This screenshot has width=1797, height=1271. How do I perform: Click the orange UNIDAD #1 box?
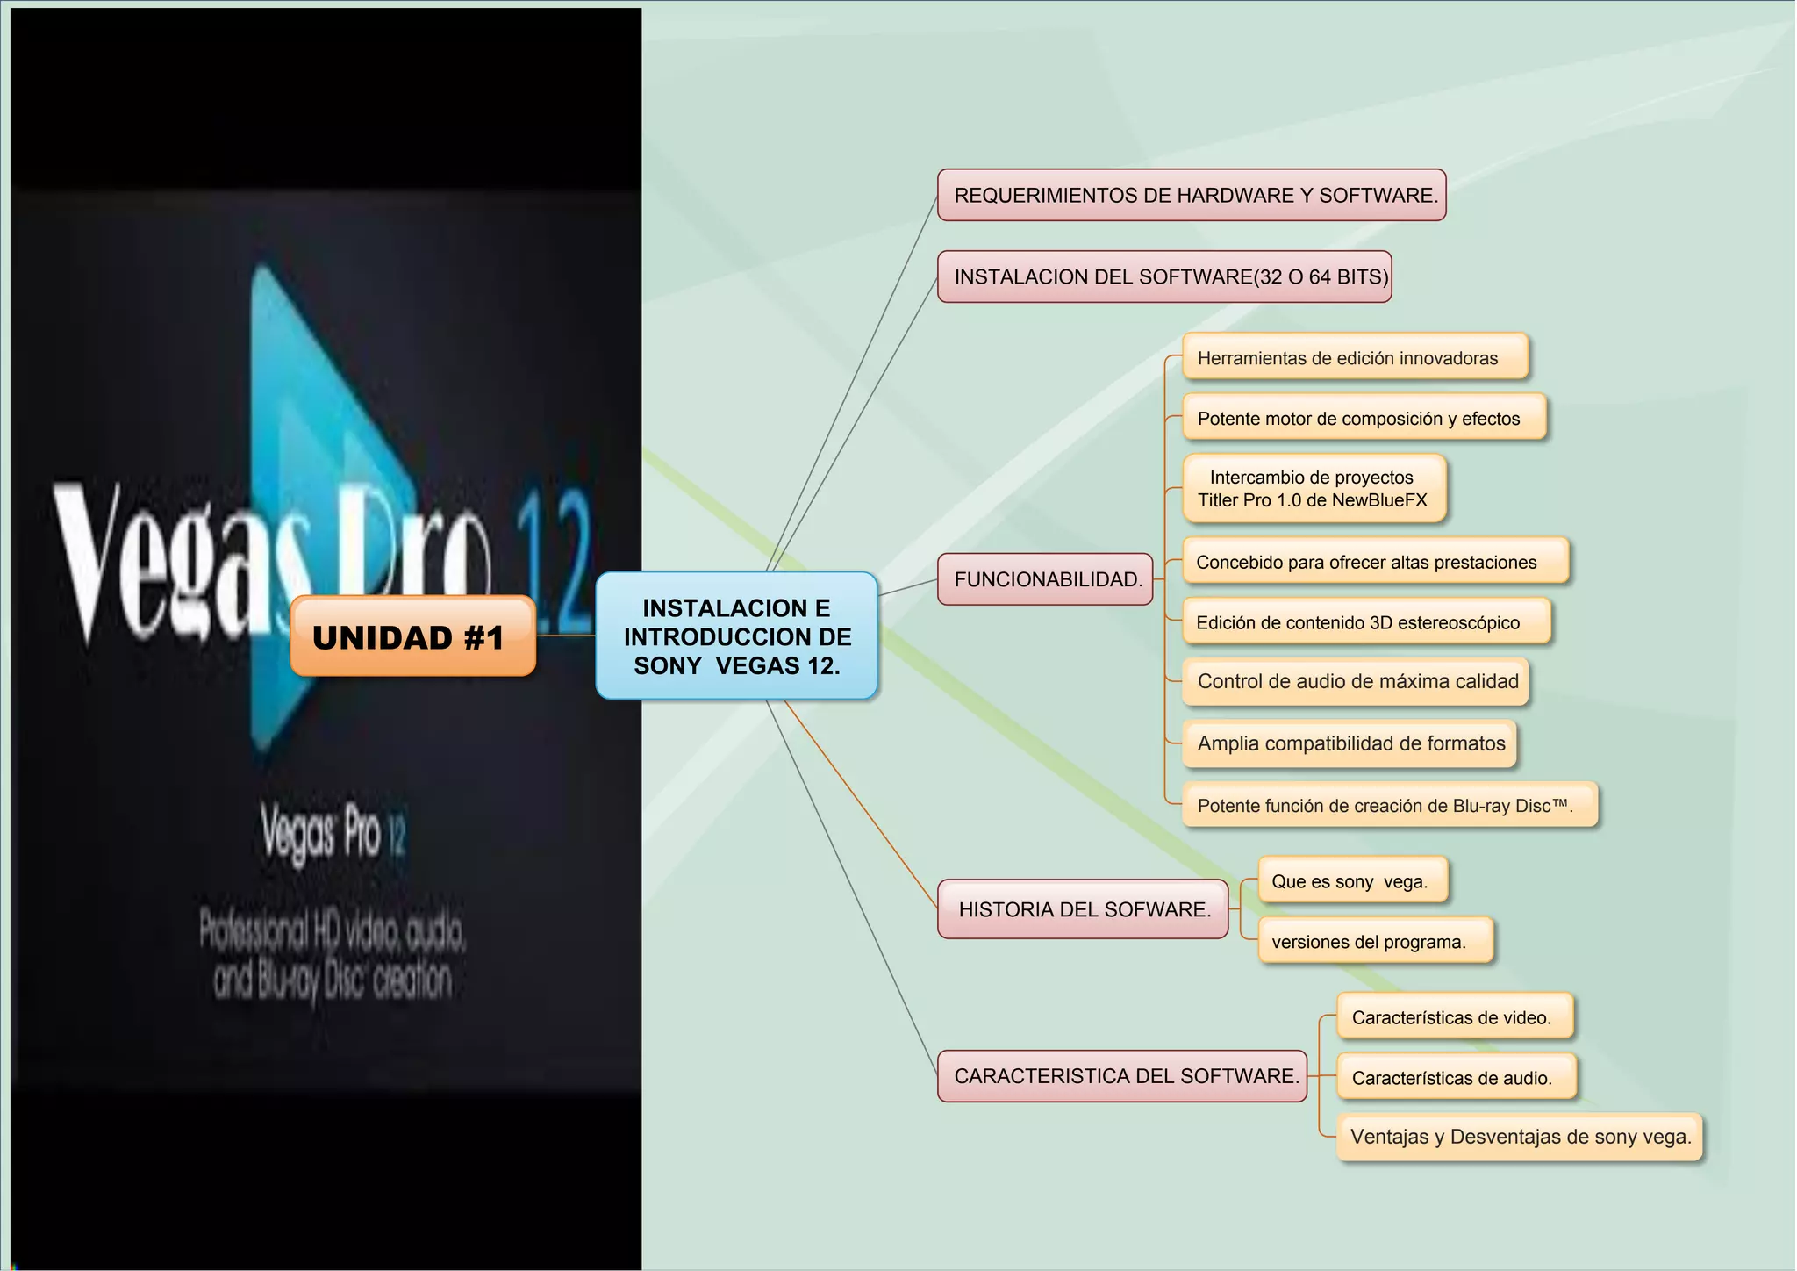point(412,636)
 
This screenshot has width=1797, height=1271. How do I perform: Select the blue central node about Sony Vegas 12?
point(737,636)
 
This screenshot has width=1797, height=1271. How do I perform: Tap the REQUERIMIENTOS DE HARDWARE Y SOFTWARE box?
point(1192,195)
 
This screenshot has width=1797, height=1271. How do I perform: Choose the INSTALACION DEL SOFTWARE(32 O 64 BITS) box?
point(1164,276)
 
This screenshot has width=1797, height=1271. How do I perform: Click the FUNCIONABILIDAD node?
point(1045,579)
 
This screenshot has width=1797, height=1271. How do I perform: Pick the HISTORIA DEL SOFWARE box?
point(1083,909)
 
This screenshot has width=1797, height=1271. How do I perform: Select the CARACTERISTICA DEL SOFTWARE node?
point(1122,1076)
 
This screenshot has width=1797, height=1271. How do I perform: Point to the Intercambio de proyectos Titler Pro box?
point(1314,489)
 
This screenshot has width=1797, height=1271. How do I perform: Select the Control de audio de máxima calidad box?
point(1356,682)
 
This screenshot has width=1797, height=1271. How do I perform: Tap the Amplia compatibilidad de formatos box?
point(1350,743)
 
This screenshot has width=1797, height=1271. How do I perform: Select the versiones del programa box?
point(1375,942)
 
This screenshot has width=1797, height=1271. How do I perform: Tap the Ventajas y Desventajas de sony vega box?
point(1519,1138)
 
